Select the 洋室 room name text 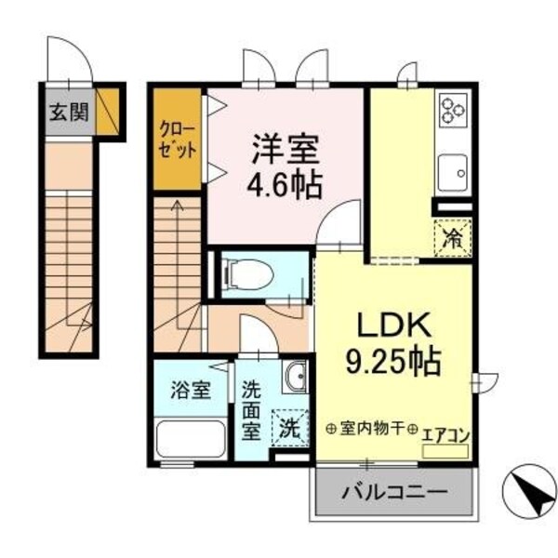tap(286, 149)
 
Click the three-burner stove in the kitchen tap(454, 111)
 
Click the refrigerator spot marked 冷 tap(453, 235)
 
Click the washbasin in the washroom tap(295, 377)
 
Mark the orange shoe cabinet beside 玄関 tap(111, 112)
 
